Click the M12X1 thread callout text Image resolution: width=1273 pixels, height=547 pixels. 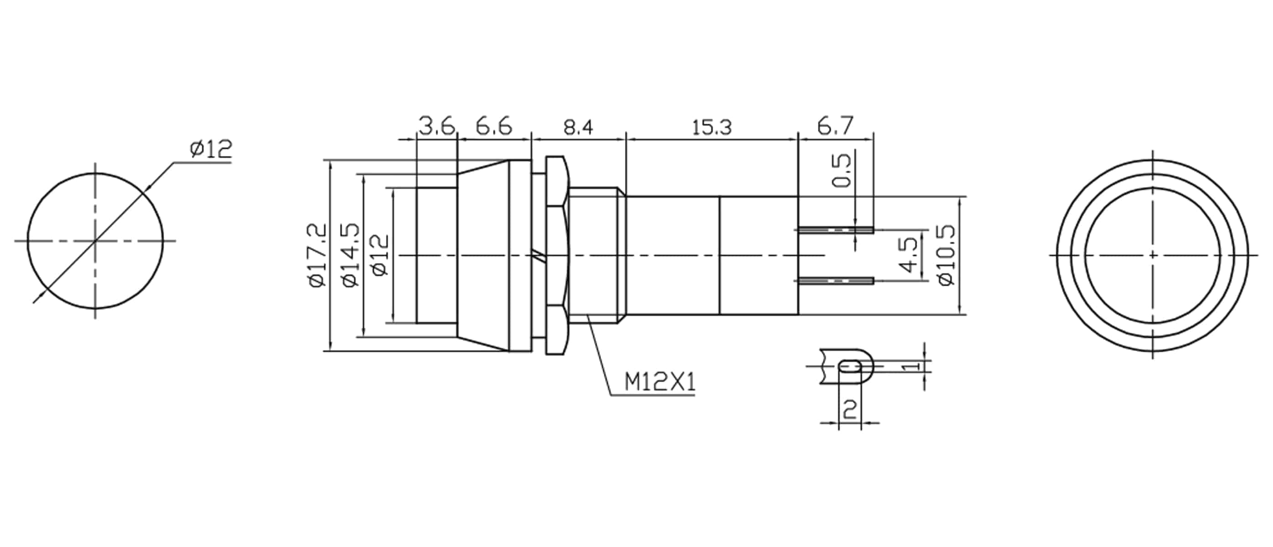click(x=659, y=382)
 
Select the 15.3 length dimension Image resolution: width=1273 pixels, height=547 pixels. click(x=711, y=128)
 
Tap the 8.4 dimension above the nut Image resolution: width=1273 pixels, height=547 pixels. click(x=578, y=128)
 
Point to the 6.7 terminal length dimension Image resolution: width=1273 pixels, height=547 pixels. click(x=835, y=127)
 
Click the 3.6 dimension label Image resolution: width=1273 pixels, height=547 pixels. click(x=436, y=127)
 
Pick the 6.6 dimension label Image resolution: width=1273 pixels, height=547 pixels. click(x=494, y=127)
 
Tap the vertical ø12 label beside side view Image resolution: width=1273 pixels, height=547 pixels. click(x=381, y=255)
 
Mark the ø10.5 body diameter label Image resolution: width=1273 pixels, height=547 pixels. click(x=946, y=255)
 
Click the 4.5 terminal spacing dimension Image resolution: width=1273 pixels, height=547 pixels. click(x=909, y=255)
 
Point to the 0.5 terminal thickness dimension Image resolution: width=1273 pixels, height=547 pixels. click(x=842, y=170)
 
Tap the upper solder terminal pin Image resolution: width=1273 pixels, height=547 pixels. click(x=835, y=230)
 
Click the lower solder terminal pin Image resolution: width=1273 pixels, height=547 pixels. click(x=835, y=281)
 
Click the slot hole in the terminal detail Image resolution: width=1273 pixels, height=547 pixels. click(x=851, y=366)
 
